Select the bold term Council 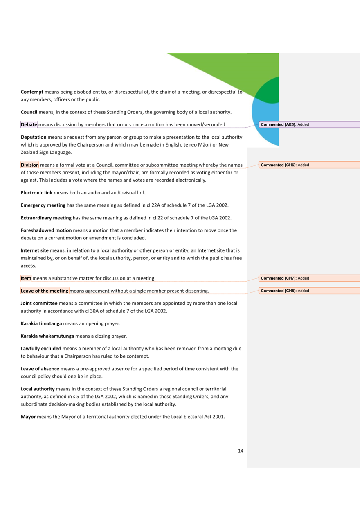tap(29, 112)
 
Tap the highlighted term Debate tap(29, 124)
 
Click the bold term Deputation tap(34, 137)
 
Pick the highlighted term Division tap(30, 165)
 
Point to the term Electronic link tap(38, 193)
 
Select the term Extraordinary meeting tap(46, 218)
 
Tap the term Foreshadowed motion tap(46, 230)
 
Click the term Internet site tap(35, 250)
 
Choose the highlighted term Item tap(26, 278)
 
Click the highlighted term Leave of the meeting tap(45, 291)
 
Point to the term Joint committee tap(39, 303)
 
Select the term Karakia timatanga tap(41, 324)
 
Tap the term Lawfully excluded tap(41, 349)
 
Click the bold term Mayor tap(28, 417)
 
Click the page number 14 tap(241, 451)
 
